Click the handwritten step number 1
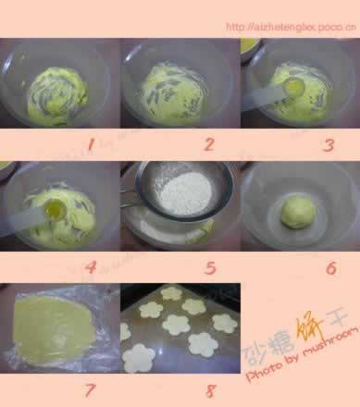tap(90, 143)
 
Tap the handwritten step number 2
tap(208, 143)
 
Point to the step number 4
tap(90, 267)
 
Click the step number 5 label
tap(209, 268)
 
